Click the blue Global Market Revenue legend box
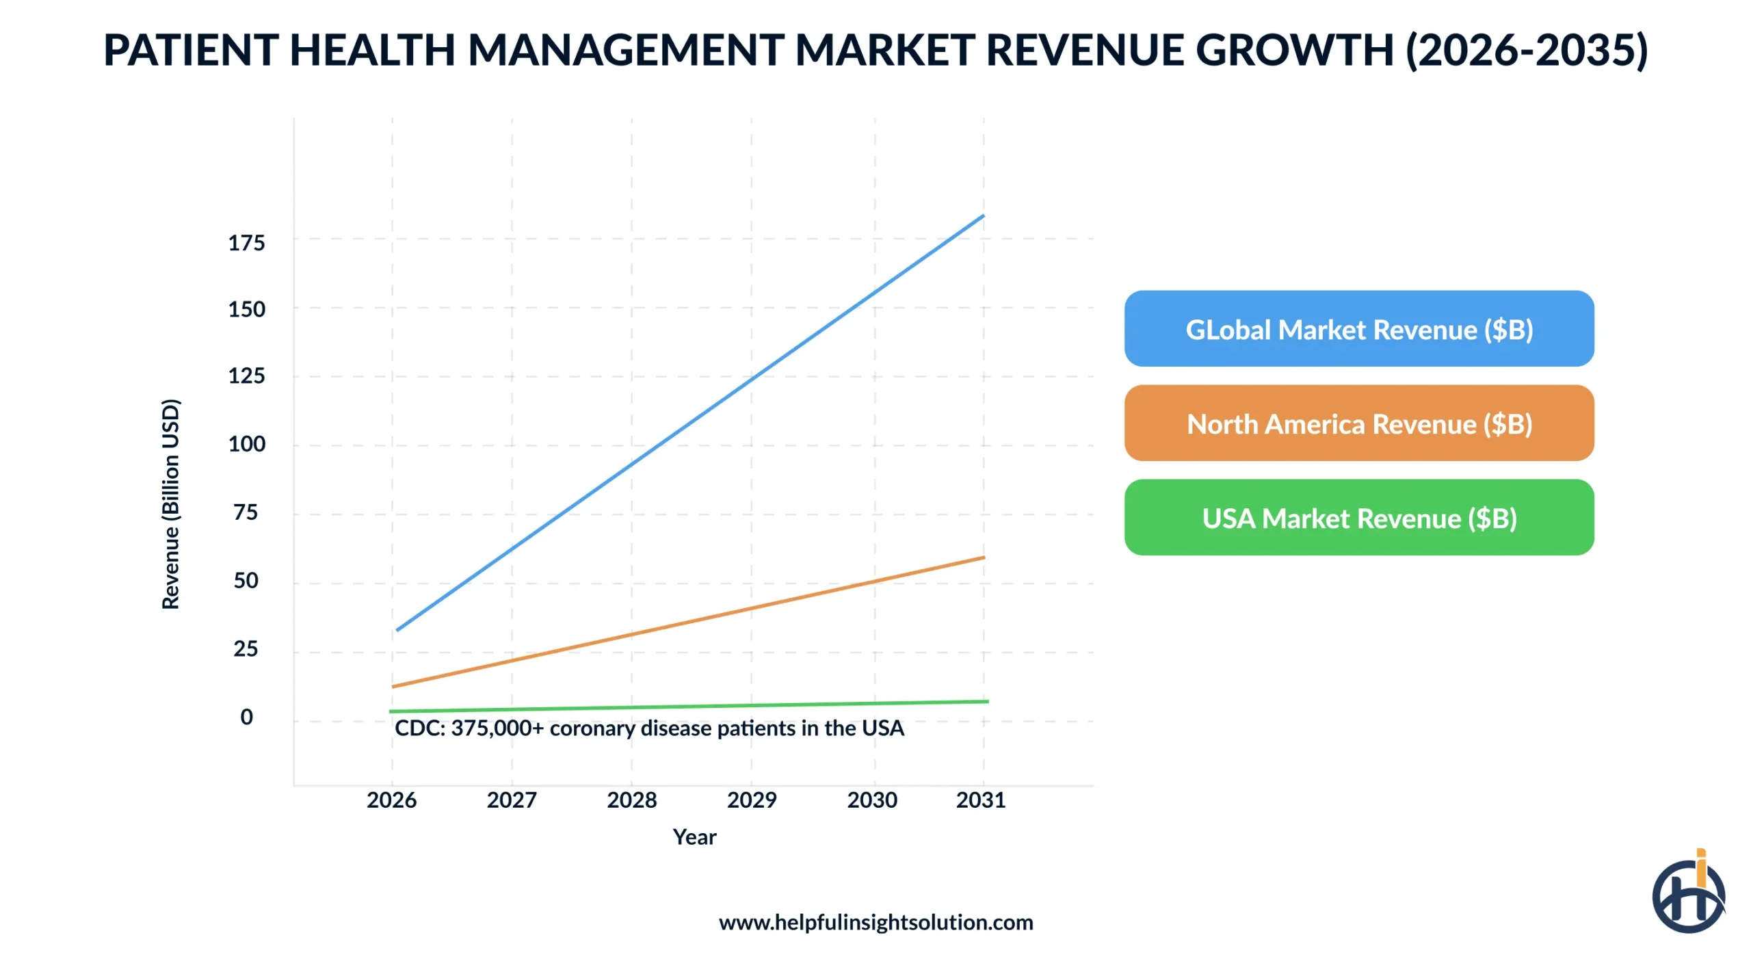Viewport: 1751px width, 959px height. coord(1358,328)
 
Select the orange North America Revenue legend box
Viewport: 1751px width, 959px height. coord(1358,423)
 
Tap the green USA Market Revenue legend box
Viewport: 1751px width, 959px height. coord(1358,517)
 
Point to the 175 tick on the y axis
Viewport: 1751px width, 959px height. coord(246,243)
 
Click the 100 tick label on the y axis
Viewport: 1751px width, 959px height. coord(246,444)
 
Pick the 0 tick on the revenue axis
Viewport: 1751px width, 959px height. coord(246,716)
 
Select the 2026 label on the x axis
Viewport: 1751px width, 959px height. coord(391,799)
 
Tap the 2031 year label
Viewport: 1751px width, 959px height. coord(980,799)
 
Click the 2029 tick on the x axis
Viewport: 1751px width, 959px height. coord(751,799)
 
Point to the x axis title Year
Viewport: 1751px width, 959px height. coord(694,836)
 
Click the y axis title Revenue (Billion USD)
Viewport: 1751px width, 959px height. coord(170,503)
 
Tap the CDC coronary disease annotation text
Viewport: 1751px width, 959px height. coord(648,728)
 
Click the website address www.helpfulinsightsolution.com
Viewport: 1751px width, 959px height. coord(875,921)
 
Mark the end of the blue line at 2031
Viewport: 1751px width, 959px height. coord(983,216)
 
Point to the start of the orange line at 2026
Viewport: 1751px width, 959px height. coord(394,685)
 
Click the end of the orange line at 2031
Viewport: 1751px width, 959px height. coord(983,557)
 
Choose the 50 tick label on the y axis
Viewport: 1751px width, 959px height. coord(246,580)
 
